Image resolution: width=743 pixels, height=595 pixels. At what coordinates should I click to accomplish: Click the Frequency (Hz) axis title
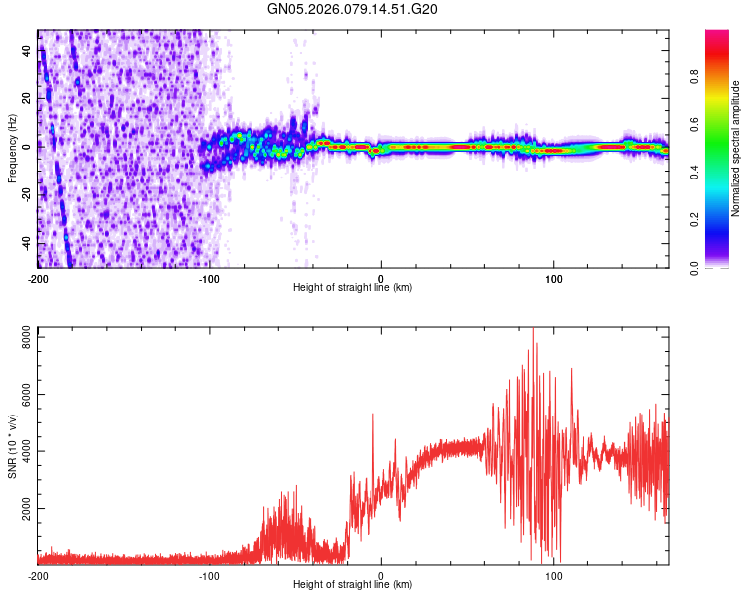point(12,149)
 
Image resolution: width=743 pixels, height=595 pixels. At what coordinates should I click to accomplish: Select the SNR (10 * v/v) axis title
point(12,446)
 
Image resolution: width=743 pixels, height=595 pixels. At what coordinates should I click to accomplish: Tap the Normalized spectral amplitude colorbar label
point(736,149)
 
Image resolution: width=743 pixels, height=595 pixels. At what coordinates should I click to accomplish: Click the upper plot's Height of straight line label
point(353,288)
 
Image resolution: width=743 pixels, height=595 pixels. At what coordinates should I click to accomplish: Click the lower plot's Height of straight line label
point(353,585)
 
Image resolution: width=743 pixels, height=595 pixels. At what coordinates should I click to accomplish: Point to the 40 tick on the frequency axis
point(27,52)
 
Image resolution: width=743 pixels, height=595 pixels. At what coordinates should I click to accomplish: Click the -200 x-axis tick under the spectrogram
point(38,278)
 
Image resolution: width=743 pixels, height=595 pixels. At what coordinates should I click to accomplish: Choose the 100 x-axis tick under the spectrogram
point(553,278)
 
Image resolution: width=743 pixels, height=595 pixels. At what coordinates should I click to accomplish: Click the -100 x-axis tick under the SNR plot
point(209,575)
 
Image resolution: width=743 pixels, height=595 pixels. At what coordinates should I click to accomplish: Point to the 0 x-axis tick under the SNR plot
point(381,575)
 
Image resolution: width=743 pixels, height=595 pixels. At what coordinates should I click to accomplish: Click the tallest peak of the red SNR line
point(533,328)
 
